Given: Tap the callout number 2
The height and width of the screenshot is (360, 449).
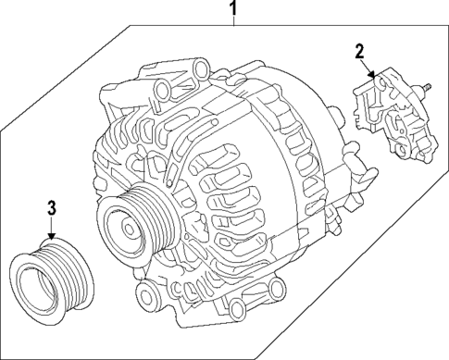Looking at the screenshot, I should [360, 52].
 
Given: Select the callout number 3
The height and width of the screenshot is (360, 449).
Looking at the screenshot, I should [53, 206].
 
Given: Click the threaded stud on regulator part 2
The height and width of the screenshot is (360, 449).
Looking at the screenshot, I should [428, 89].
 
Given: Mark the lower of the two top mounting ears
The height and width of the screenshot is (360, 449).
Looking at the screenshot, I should [164, 90].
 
